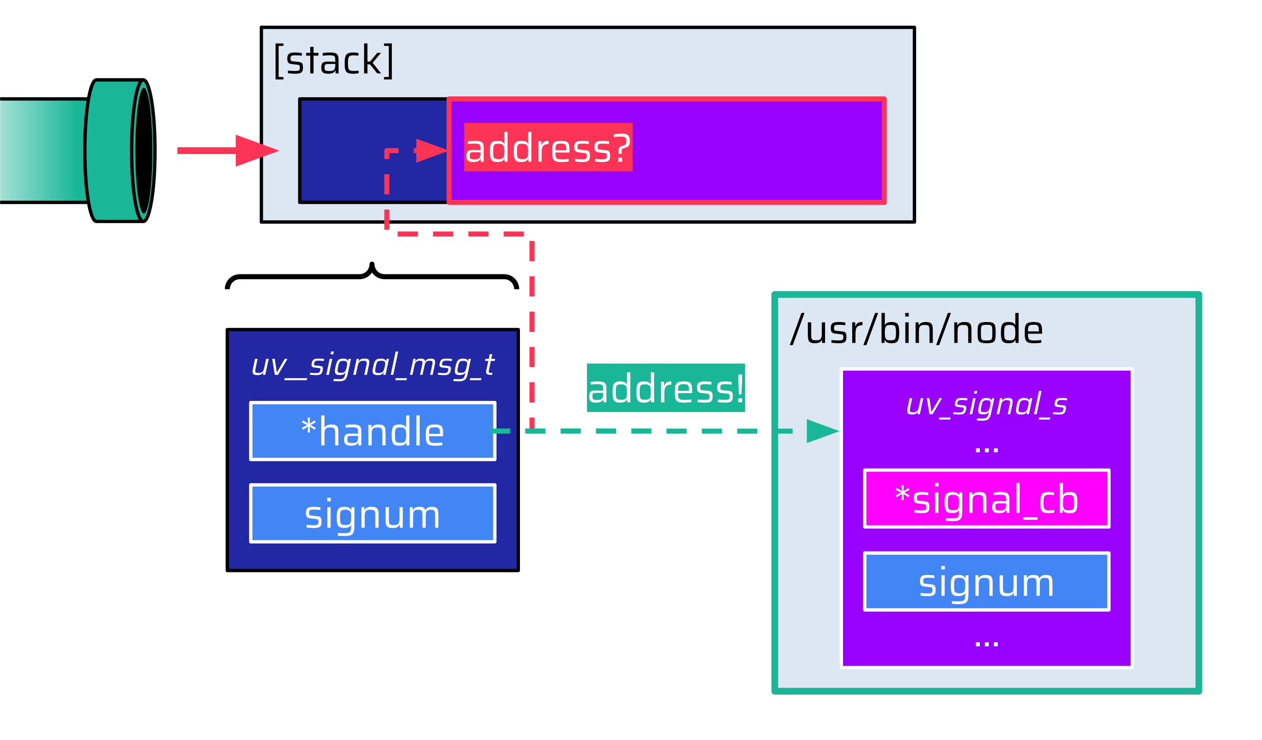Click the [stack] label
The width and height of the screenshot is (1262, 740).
[334, 61]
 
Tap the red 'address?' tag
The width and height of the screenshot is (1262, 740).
[548, 148]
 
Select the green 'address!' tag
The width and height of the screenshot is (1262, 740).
[665, 389]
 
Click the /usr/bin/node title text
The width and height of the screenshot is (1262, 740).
[916, 330]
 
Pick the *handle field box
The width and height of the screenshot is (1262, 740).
[373, 431]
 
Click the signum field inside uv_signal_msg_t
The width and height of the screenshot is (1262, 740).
[373, 514]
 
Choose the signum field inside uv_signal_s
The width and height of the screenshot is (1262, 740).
[987, 582]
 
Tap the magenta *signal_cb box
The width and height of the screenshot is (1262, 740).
[987, 499]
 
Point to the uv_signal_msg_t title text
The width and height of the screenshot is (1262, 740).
[373, 365]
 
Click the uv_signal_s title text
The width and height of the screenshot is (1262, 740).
[987, 405]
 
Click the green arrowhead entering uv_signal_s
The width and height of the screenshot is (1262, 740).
[821, 431]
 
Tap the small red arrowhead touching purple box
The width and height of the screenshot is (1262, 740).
[430, 150]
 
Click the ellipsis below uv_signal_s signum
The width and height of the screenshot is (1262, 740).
[987, 643]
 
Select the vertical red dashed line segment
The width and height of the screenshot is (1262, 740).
[532, 330]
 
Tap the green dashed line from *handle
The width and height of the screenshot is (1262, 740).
[651, 431]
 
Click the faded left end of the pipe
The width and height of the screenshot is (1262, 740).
[20, 150]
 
